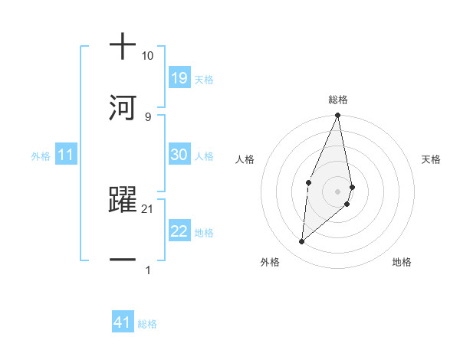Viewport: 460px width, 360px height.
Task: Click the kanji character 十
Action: (123, 47)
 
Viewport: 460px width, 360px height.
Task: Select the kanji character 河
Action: (123, 106)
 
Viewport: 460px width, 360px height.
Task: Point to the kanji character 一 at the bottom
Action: (123, 260)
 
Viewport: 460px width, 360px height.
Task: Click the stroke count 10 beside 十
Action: (147, 56)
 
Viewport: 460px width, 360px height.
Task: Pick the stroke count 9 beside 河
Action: (148, 116)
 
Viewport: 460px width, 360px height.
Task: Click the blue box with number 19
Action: (179, 78)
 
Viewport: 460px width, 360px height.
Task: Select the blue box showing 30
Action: (179, 155)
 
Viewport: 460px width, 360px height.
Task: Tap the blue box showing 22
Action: (179, 231)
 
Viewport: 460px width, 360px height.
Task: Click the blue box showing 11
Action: (65, 155)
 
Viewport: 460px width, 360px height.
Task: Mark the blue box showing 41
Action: (123, 322)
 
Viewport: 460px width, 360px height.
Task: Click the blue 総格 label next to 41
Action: (147, 324)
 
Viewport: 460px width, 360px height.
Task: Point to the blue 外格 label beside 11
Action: (41, 156)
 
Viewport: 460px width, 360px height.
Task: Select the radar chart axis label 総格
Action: (338, 100)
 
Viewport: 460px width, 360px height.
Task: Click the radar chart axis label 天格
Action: (432, 159)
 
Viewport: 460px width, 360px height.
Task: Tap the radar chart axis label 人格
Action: (245, 159)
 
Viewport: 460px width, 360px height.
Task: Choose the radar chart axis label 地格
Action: (402, 262)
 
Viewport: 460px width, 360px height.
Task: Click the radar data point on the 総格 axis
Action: (338, 116)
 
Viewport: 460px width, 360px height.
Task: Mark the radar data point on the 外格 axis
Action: (302, 242)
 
